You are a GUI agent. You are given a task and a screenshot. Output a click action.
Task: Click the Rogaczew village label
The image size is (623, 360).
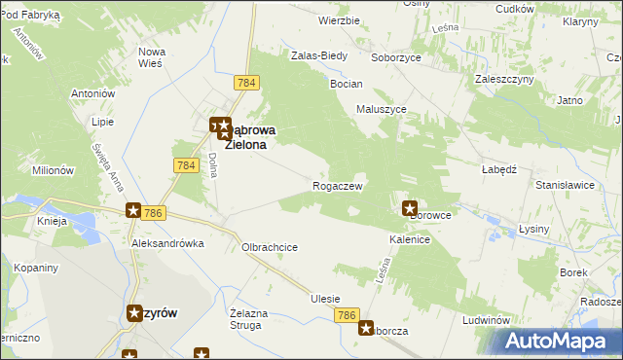338,186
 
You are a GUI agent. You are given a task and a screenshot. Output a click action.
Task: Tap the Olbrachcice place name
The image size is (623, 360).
269,247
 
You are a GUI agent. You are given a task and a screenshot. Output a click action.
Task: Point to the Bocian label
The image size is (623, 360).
347,85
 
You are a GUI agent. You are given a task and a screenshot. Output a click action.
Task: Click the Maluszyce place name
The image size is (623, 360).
381,110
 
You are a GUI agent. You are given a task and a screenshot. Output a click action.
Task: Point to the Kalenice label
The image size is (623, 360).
410,238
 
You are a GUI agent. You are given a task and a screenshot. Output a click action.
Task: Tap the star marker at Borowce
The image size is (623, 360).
410,207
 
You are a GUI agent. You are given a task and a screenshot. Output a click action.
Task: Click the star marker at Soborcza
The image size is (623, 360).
366,329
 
